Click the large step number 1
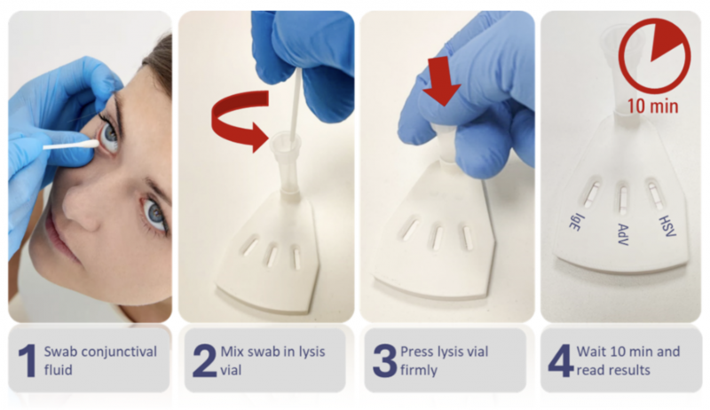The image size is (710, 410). (28, 360)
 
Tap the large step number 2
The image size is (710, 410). (205, 360)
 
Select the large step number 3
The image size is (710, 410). (384, 360)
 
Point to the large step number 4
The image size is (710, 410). (561, 360)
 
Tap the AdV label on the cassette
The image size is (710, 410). (624, 234)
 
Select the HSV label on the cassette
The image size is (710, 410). (667, 225)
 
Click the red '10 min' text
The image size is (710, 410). (652, 106)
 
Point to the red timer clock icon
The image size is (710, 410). (655, 55)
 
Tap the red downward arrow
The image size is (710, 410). (440, 81)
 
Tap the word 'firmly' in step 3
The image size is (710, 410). (419, 371)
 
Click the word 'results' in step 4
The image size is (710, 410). (627, 370)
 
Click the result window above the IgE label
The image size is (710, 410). (592, 192)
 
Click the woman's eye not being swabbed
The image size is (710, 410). (154, 213)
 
